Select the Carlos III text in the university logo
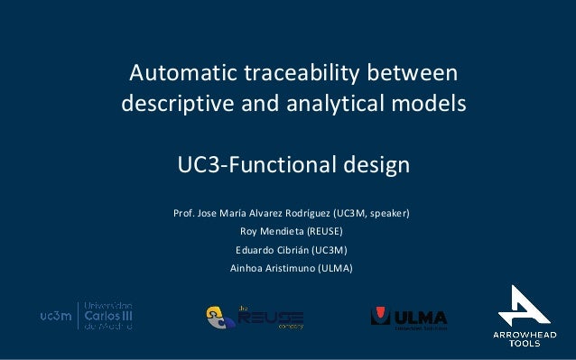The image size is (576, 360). (x=107, y=316)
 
